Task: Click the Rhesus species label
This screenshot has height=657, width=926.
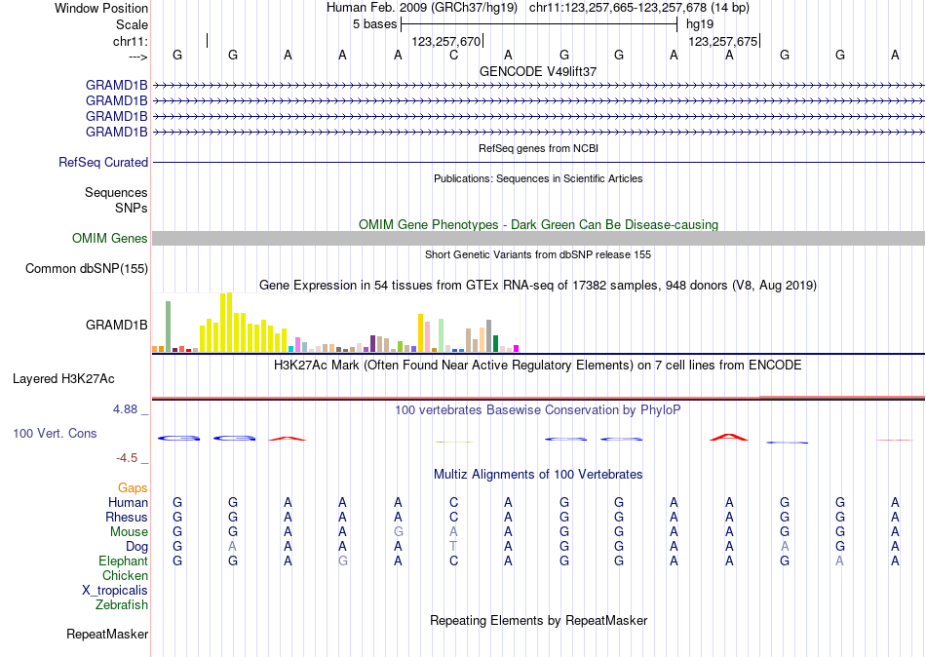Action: [x=127, y=517]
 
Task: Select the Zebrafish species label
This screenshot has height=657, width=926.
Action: [x=122, y=604]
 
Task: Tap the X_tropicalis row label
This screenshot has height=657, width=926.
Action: [x=115, y=590]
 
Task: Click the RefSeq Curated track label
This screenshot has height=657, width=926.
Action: [x=103, y=163]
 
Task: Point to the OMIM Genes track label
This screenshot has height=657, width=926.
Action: [x=110, y=239]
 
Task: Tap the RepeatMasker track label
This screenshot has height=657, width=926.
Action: [x=107, y=635]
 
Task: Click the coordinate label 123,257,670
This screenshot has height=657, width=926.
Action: [x=446, y=42]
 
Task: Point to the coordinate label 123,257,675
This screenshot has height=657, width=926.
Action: [x=722, y=42]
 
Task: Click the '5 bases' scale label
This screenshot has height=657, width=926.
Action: [x=374, y=23]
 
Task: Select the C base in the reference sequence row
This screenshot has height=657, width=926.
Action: [x=453, y=56]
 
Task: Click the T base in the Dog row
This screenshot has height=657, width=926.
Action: [x=453, y=546]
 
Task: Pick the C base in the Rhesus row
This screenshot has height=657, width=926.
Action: [x=453, y=517]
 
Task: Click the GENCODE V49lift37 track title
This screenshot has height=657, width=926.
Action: [x=538, y=71]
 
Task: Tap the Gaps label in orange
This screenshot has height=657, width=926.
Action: [x=133, y=487]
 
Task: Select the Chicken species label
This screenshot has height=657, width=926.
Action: [x=125, y=575]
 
